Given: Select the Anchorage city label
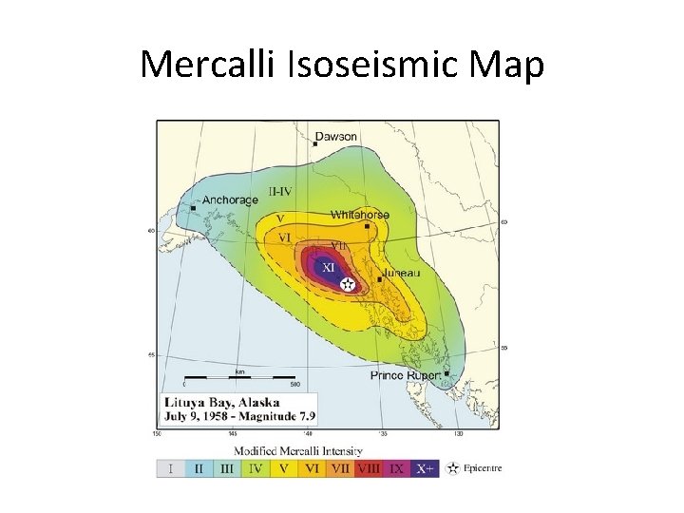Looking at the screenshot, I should pos(230,200).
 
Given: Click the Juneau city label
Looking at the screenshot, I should pos(402,274).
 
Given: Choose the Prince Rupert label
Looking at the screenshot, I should pos(405,375).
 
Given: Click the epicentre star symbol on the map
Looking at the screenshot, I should pos(349,283).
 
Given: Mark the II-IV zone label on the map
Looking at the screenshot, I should pos(279,191).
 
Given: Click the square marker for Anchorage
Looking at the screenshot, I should pos(194,206).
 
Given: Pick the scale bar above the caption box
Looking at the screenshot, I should pos(235,378).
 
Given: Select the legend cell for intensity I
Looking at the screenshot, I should pos(169,468).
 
